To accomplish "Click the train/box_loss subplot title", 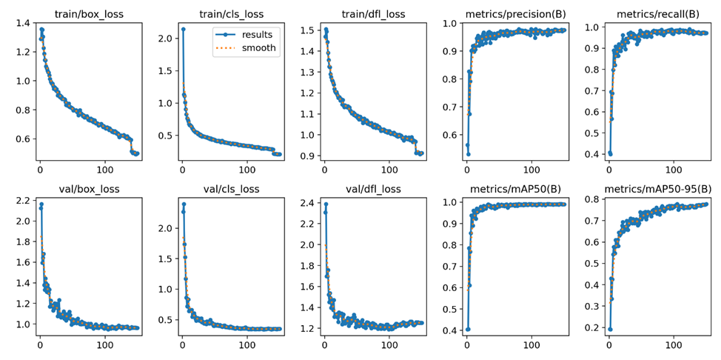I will (88, 13).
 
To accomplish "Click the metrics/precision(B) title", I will (515, 13).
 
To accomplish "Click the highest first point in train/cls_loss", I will (183, 29).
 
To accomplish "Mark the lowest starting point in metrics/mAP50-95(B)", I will (610, 329).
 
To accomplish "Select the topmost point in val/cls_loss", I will (184, 204).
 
